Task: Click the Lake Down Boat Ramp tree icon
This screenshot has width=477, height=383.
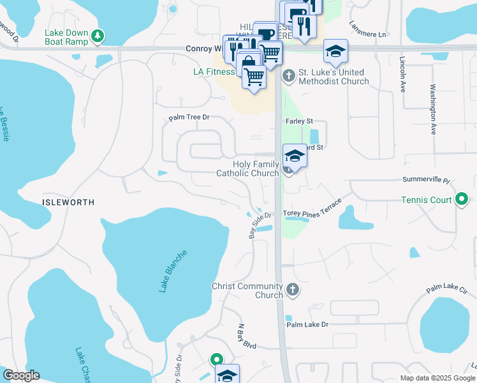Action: (97, 35)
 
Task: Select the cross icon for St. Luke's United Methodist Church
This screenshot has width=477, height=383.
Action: (288, 76)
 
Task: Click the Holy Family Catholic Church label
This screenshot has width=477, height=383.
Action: (247, 169)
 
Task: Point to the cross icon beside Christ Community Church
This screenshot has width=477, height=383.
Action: (293, 290)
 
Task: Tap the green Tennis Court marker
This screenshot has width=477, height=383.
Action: (462, 200)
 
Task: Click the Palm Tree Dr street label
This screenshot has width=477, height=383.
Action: (189, 118)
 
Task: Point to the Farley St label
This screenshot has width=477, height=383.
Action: (300, 121)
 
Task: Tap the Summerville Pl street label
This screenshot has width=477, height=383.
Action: (426, 181)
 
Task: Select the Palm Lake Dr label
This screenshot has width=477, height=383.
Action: (307, 324)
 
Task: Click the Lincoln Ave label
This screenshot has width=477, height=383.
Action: (402, 75)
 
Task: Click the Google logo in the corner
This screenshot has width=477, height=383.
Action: (22, 375)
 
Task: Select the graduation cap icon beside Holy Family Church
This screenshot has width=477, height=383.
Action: (294, 156)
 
